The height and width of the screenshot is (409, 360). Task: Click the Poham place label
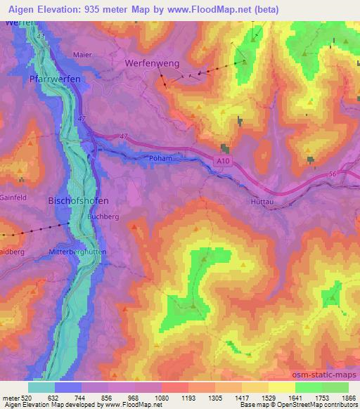(160, 159)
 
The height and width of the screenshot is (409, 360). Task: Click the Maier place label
(83, 53)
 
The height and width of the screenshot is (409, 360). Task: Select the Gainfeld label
(13, 198)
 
